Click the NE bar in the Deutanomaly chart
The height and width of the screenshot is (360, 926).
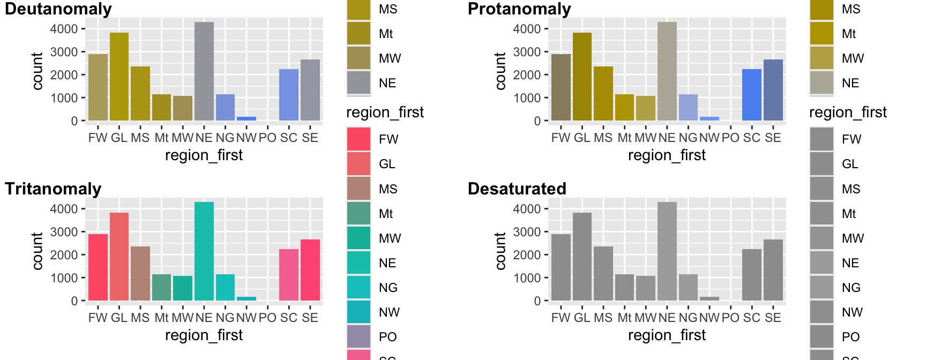pos(204,71)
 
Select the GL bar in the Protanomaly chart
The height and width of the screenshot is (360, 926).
pos(582,77)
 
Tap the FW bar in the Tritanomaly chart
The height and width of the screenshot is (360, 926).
pos(98,267)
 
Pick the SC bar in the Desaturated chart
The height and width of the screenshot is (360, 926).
pos(752,275)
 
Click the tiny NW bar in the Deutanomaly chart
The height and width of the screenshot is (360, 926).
pos(247,118)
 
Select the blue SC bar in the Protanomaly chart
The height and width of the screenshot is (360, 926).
pos(752,95)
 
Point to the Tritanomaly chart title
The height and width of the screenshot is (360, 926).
pos(53,189)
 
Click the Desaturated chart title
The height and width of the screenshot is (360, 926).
pos(517,189)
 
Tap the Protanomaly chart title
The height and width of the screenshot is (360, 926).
pos(519,9)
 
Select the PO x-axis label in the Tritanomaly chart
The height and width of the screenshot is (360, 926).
pos(267,318)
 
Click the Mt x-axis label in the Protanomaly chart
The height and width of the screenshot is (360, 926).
pos(624,138)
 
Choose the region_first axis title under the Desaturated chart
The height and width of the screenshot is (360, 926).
pos(667,335)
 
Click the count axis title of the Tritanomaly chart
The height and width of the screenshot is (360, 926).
pos(37,251)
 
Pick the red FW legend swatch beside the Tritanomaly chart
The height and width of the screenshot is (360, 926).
pos(359,139)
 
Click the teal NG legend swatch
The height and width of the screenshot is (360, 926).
pos(359,287)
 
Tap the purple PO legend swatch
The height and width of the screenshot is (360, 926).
pos(359,336)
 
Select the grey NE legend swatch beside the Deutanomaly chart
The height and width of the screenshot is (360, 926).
pos(359,82)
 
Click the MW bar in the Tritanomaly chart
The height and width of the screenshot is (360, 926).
pos(183,288)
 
